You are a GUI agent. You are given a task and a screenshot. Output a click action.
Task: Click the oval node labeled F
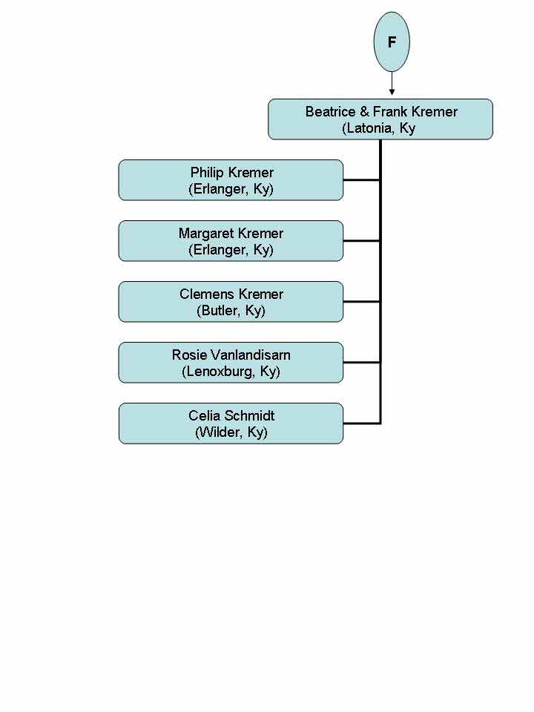[392, 42]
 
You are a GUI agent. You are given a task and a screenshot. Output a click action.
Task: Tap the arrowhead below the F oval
[392, 92]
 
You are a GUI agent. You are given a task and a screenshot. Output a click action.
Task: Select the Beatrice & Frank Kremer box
[380, 119]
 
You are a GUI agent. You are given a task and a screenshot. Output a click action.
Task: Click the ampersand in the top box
[364, 112]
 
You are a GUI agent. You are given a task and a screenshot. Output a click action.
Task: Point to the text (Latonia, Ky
[379, 128]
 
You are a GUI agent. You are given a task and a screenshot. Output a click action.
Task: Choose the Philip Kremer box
[231, 180]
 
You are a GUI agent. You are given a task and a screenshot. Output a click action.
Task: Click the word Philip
[207, 173]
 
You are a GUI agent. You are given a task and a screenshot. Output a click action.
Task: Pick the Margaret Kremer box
[231, 241]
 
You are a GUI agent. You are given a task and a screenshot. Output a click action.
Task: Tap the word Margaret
[205, 234]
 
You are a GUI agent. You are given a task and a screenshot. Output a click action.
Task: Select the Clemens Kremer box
[231, 302]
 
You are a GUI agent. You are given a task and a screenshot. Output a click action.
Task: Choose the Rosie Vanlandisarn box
[231, 363]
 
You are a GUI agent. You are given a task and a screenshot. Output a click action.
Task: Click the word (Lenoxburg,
[219, 372]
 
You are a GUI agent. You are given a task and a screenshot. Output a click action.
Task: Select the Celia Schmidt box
[231, 423]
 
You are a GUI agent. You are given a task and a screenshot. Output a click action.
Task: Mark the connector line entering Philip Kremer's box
[361, 180]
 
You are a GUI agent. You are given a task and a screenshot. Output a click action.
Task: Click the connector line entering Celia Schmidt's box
[361, 423]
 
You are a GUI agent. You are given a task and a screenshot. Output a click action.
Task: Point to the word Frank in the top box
[389, 112]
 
